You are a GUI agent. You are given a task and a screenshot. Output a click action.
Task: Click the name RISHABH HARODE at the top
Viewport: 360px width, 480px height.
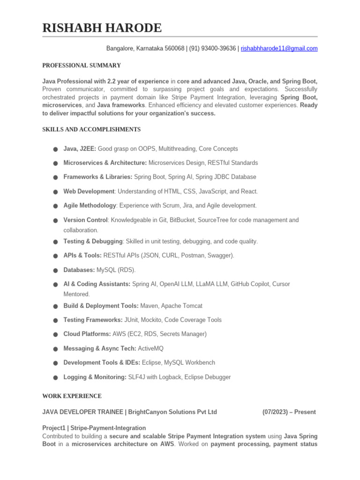102,28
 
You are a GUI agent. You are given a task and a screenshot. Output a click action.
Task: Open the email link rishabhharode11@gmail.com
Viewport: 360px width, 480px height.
279,48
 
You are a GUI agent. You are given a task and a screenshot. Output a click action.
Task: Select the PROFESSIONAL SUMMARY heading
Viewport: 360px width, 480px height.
82,65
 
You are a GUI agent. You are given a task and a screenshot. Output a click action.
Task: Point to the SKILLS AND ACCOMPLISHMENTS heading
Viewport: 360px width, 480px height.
91,129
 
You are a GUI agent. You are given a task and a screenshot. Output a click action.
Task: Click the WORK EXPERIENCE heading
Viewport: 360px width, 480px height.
72,396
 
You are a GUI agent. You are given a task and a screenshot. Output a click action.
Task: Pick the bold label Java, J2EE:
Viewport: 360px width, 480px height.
80,149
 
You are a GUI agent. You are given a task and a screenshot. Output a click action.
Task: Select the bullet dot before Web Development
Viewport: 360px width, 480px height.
55,192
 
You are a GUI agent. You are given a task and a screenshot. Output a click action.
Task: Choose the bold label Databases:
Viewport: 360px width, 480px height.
79,270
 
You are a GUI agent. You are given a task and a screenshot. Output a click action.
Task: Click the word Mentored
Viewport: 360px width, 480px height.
76,294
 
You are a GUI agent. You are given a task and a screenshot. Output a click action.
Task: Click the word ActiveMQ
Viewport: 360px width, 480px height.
150,348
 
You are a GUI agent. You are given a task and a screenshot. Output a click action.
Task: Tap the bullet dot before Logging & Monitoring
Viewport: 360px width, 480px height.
55,377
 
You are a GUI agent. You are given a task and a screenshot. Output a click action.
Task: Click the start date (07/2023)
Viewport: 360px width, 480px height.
276,412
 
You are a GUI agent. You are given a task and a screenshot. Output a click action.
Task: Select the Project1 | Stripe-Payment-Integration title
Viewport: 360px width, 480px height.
94,428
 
